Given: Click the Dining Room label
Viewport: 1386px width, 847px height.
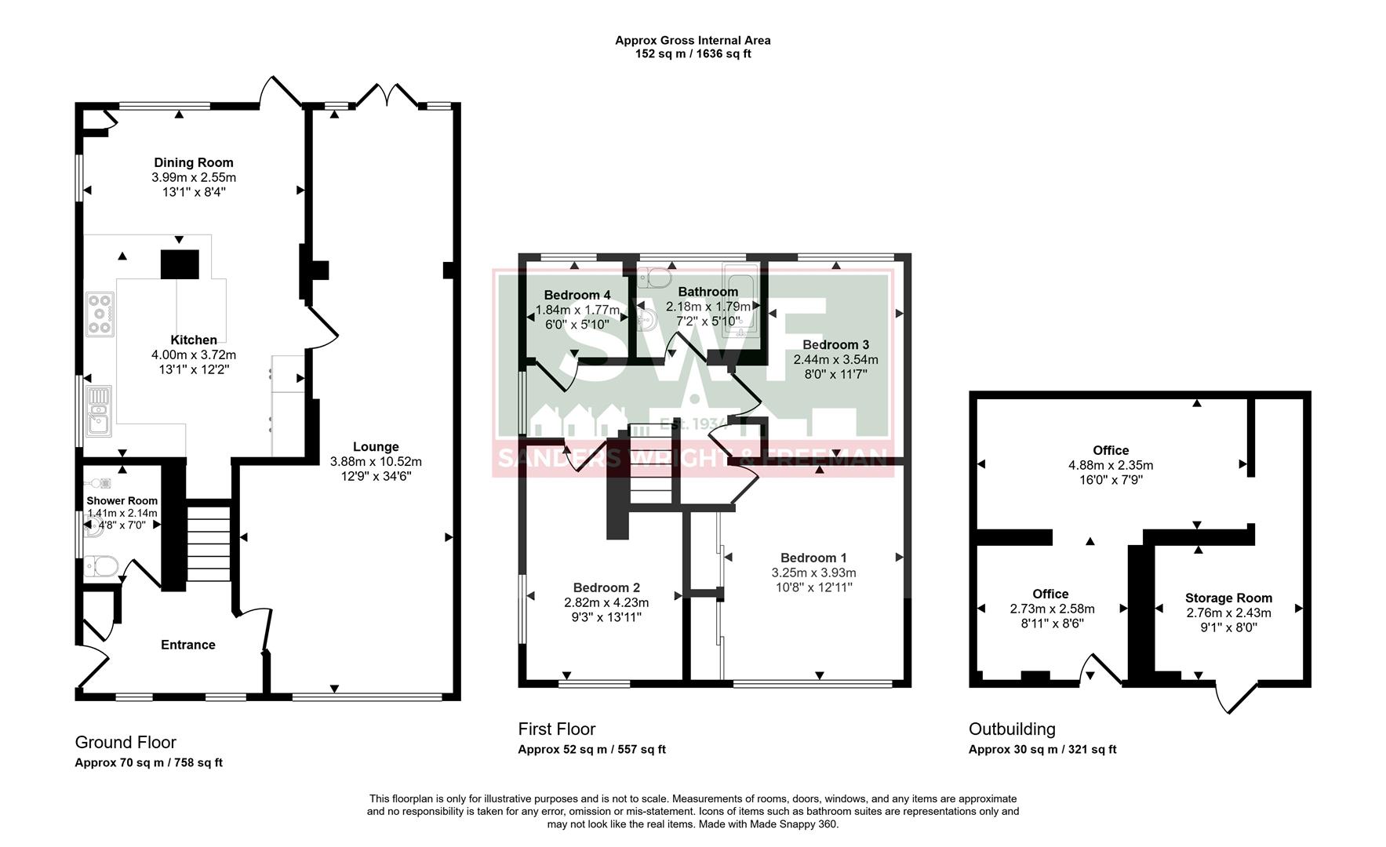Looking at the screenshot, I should [194, 163].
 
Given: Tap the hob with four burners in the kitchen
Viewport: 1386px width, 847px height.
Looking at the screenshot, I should [100, 314].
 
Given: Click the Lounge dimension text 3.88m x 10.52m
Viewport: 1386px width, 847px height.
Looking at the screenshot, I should [376, 461].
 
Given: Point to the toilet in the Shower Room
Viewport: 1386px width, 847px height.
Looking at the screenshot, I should [102, 565].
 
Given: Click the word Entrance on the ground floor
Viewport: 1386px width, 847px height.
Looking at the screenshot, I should [187, 645].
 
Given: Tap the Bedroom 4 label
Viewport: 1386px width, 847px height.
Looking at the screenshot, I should [577, 295].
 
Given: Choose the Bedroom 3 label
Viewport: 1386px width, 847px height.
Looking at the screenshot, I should [835, 344].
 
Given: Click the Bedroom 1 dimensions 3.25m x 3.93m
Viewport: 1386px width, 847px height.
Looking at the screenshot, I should [813, 573].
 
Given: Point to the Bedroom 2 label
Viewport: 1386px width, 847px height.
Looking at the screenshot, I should [606, 587].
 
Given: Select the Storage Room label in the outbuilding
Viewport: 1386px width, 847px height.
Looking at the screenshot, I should [1228, 598].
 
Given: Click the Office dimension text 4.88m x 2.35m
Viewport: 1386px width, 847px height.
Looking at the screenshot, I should [1111, 465].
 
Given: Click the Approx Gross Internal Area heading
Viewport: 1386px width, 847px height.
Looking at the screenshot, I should [693, 40].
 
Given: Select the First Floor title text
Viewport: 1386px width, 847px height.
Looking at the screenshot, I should [557, 729].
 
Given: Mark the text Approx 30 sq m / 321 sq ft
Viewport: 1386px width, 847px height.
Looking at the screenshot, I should [1042, 749].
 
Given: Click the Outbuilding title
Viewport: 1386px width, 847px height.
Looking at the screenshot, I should [1012, 729].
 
